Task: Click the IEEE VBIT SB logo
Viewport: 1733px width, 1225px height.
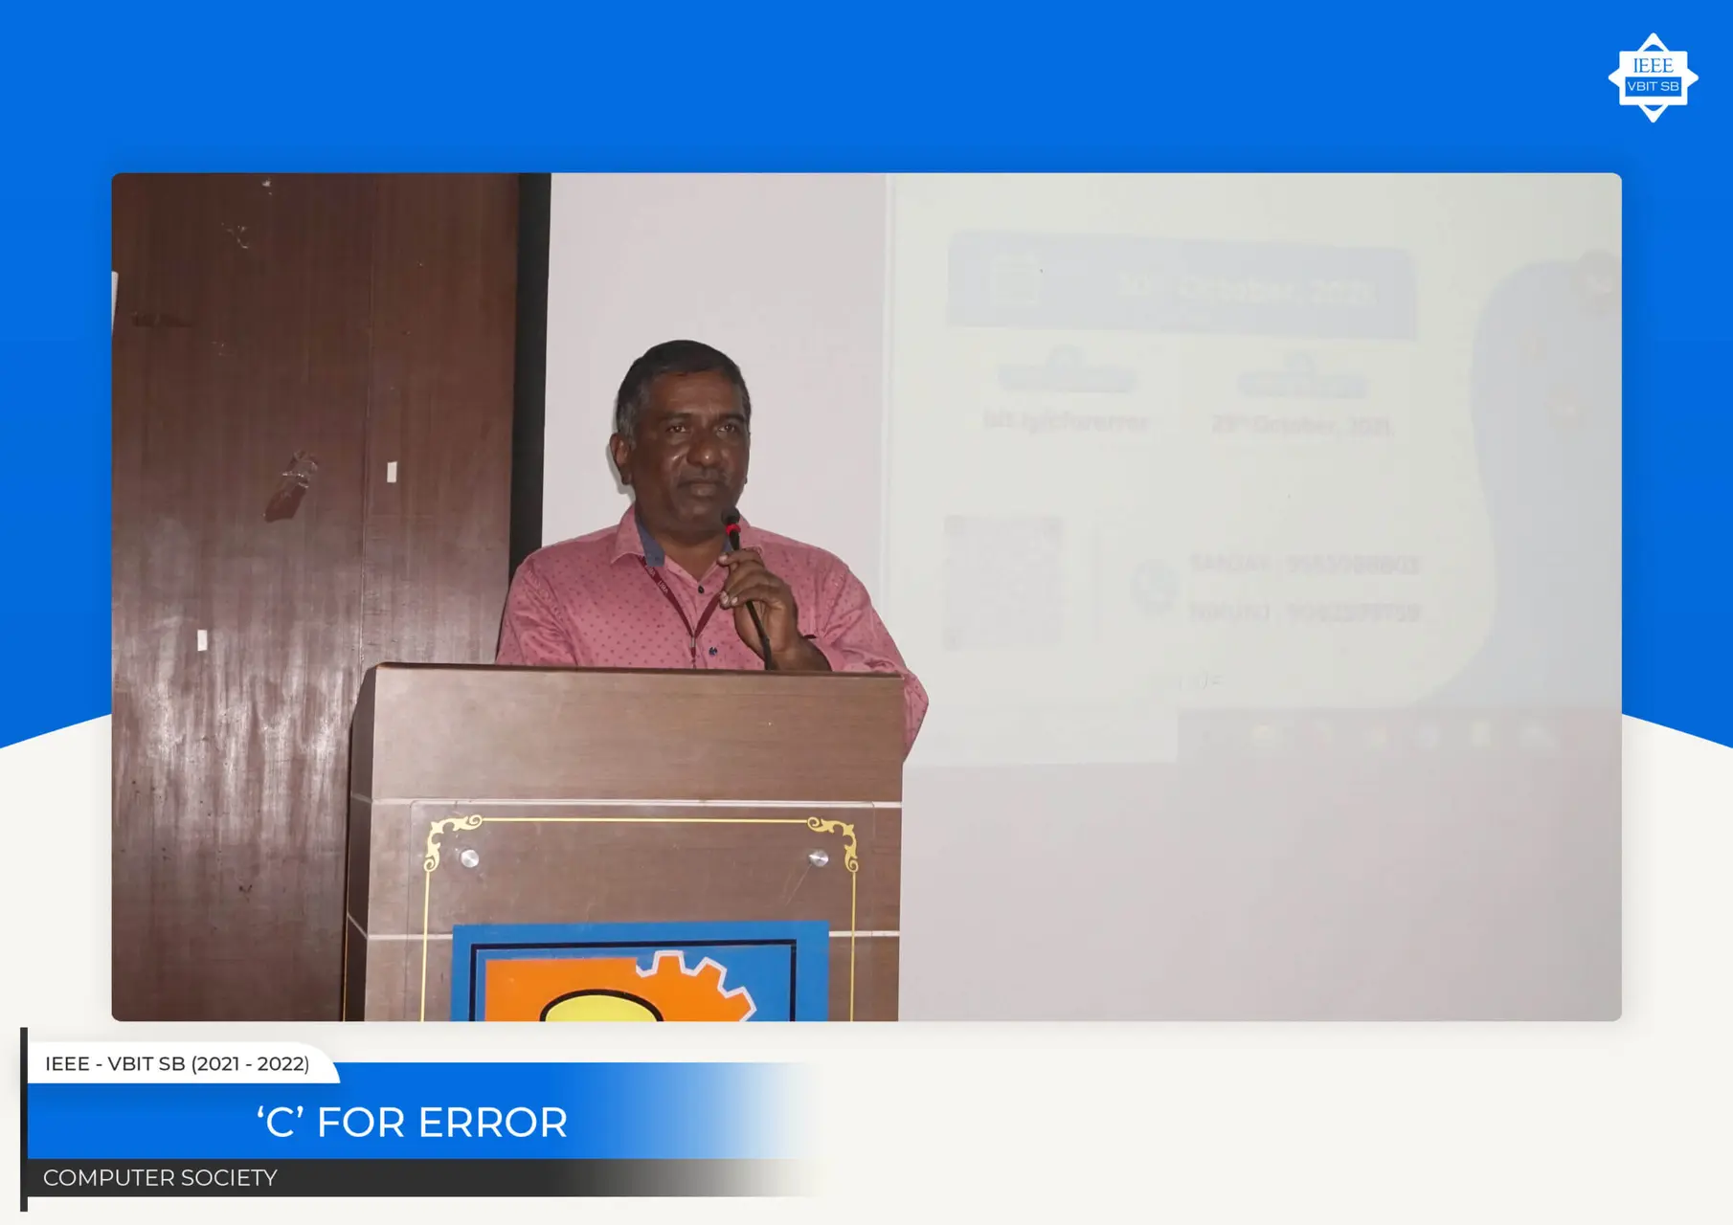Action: pyautogui.click(x=1653, y=78)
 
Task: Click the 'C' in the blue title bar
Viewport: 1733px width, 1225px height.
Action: pyautogui.click(x=281, y=1123)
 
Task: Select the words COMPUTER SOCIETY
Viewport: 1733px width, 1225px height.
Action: pyautogui.click(x=160, y=1178)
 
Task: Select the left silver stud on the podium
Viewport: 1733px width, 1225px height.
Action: pyautogui.click(x=469, y=858)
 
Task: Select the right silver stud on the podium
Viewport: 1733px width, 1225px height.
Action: pyautogui.click(x=819, y=858)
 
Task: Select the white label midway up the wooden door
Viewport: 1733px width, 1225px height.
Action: pyautogui.click(x=392, y=472)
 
